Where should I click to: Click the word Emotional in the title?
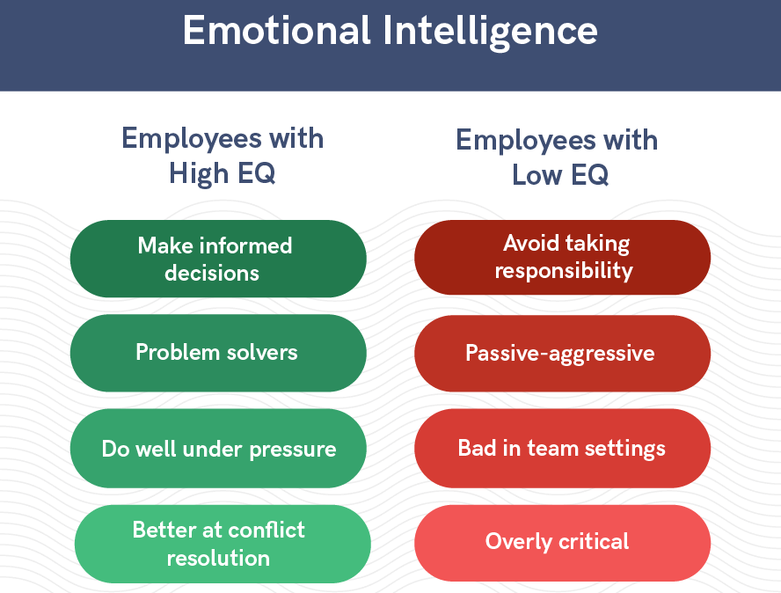click(276, 31)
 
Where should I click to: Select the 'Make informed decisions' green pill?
click(218, 259)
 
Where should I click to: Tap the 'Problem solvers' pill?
click(218, 353)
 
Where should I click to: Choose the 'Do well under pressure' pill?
click(218, 449)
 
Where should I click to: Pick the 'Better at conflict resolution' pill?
click(223, 544)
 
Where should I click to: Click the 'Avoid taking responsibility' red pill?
click(562, 257)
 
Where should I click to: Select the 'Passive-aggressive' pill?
click(562, 354)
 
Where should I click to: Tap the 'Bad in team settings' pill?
click(562, 449)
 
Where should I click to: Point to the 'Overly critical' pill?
click(562, 543)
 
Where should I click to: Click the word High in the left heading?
click(199, 174)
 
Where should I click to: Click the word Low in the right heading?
click(536, 175)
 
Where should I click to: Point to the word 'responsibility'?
click(564, 271)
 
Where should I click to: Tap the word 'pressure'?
click(293, 450)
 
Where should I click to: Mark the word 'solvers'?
click(262, 352)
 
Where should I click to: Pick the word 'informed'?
click(251, 245)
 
